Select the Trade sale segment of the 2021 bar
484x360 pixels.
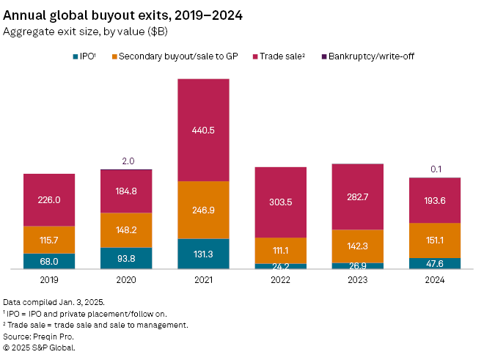[203, 130]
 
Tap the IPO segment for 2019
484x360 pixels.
[49, 262]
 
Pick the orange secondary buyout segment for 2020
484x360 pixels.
[126, 230]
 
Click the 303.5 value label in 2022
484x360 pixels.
[280, 202]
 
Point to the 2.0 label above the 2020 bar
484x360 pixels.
[126, 161]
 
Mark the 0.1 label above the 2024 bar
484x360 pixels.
[435, 169]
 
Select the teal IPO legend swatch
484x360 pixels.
[76, 55]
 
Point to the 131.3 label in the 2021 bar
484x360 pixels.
[203, 254]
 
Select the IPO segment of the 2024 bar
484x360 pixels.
[435, 264]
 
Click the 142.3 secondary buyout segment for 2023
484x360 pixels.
[357, 246]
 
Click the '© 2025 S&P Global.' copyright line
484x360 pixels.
[39, 348]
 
